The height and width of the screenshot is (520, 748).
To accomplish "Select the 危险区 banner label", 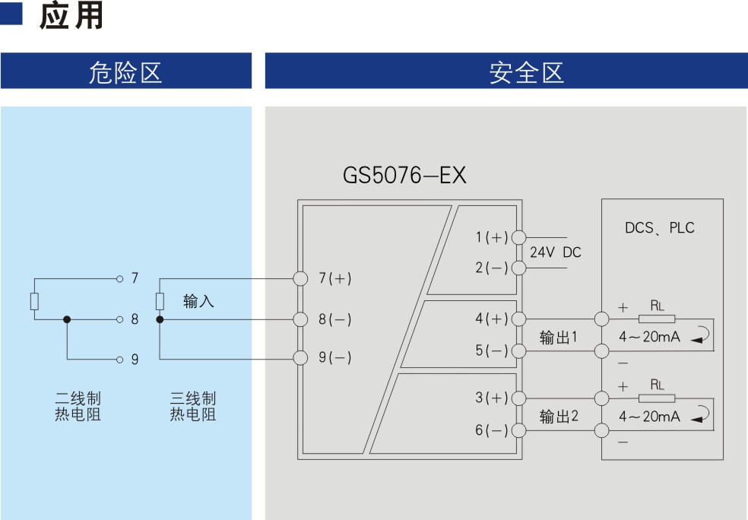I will coord(125,73).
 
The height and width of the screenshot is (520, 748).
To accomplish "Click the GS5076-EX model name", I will coord(404,176).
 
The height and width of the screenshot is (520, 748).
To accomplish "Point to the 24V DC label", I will coord(555,252).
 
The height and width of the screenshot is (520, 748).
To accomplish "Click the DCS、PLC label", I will coord(659,228).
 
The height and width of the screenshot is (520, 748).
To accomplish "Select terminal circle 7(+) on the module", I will coord(300,278).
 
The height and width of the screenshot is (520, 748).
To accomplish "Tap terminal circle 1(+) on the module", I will coord(519,238).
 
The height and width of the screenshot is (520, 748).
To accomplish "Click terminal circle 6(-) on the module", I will coord(519,431).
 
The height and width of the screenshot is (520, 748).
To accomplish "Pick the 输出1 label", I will coord(559,338).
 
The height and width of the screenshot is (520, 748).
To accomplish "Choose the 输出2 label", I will coord(559,417).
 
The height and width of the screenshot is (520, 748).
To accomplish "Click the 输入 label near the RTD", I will coord(198,302).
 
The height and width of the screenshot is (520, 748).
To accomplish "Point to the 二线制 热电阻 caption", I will coord(78,407).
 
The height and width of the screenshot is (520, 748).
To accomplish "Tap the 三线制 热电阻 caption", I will coord(192,407).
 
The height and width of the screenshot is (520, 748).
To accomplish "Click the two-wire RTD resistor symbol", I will coord(34,301).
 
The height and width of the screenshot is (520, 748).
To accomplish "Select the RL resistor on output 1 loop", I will coord(657,318).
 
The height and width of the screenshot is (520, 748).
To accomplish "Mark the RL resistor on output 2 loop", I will coord(657,398).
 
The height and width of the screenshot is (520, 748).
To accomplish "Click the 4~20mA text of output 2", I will coord(649,417).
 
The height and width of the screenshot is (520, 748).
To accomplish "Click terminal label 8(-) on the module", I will coord(334,319).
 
